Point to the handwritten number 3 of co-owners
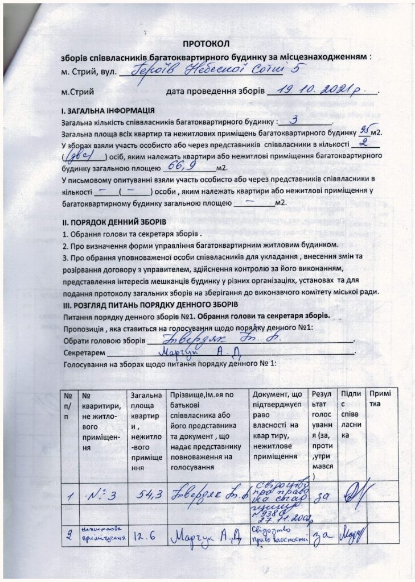294,120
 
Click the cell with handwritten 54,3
147,496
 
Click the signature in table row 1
354,494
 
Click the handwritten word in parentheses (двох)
85,156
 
